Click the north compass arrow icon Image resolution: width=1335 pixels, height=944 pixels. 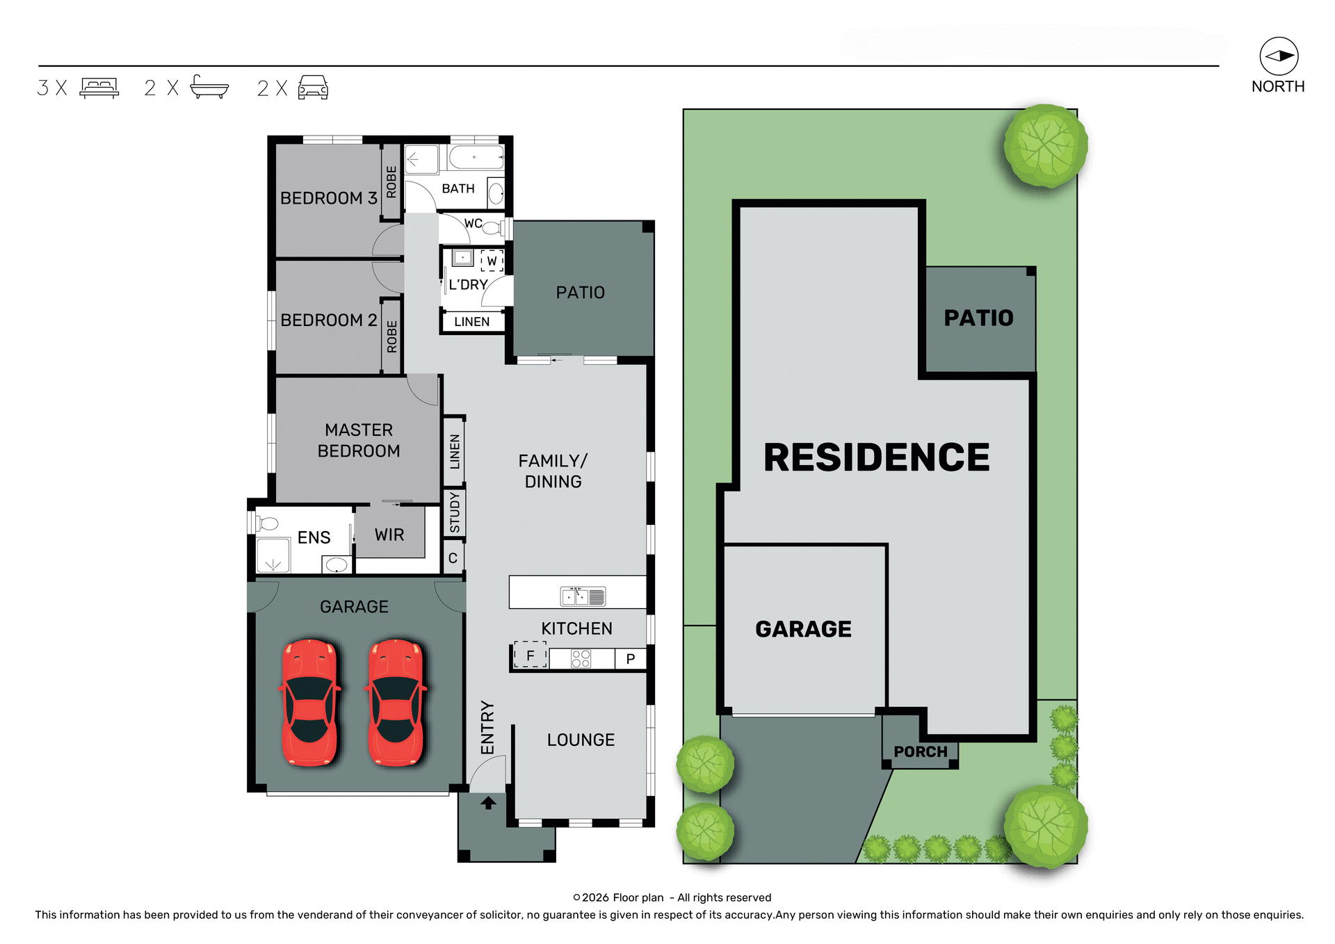1279,56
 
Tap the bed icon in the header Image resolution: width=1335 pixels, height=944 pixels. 99,88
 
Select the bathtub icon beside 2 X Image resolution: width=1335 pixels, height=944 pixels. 209,88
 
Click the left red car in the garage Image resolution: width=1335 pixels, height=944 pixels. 310,702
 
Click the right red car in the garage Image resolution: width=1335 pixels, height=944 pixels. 396,702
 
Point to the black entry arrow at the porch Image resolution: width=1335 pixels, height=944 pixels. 488,803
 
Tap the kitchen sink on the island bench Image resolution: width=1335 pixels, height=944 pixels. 583,596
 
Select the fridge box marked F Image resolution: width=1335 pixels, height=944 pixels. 530,656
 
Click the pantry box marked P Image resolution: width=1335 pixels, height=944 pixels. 630,659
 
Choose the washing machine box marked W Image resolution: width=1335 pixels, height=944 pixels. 492,261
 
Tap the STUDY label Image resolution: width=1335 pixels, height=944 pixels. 454,512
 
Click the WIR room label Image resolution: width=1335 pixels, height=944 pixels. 389,535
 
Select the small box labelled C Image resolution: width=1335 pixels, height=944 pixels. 453,558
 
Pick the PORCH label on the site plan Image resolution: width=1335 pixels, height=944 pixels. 920,751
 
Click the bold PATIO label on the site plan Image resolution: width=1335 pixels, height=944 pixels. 978,318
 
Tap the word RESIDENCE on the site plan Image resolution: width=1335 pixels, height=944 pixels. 876,457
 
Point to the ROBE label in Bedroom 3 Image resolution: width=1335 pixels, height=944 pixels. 391,181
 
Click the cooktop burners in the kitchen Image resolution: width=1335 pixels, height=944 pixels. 581,658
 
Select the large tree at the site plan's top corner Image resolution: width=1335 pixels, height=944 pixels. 1045,146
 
